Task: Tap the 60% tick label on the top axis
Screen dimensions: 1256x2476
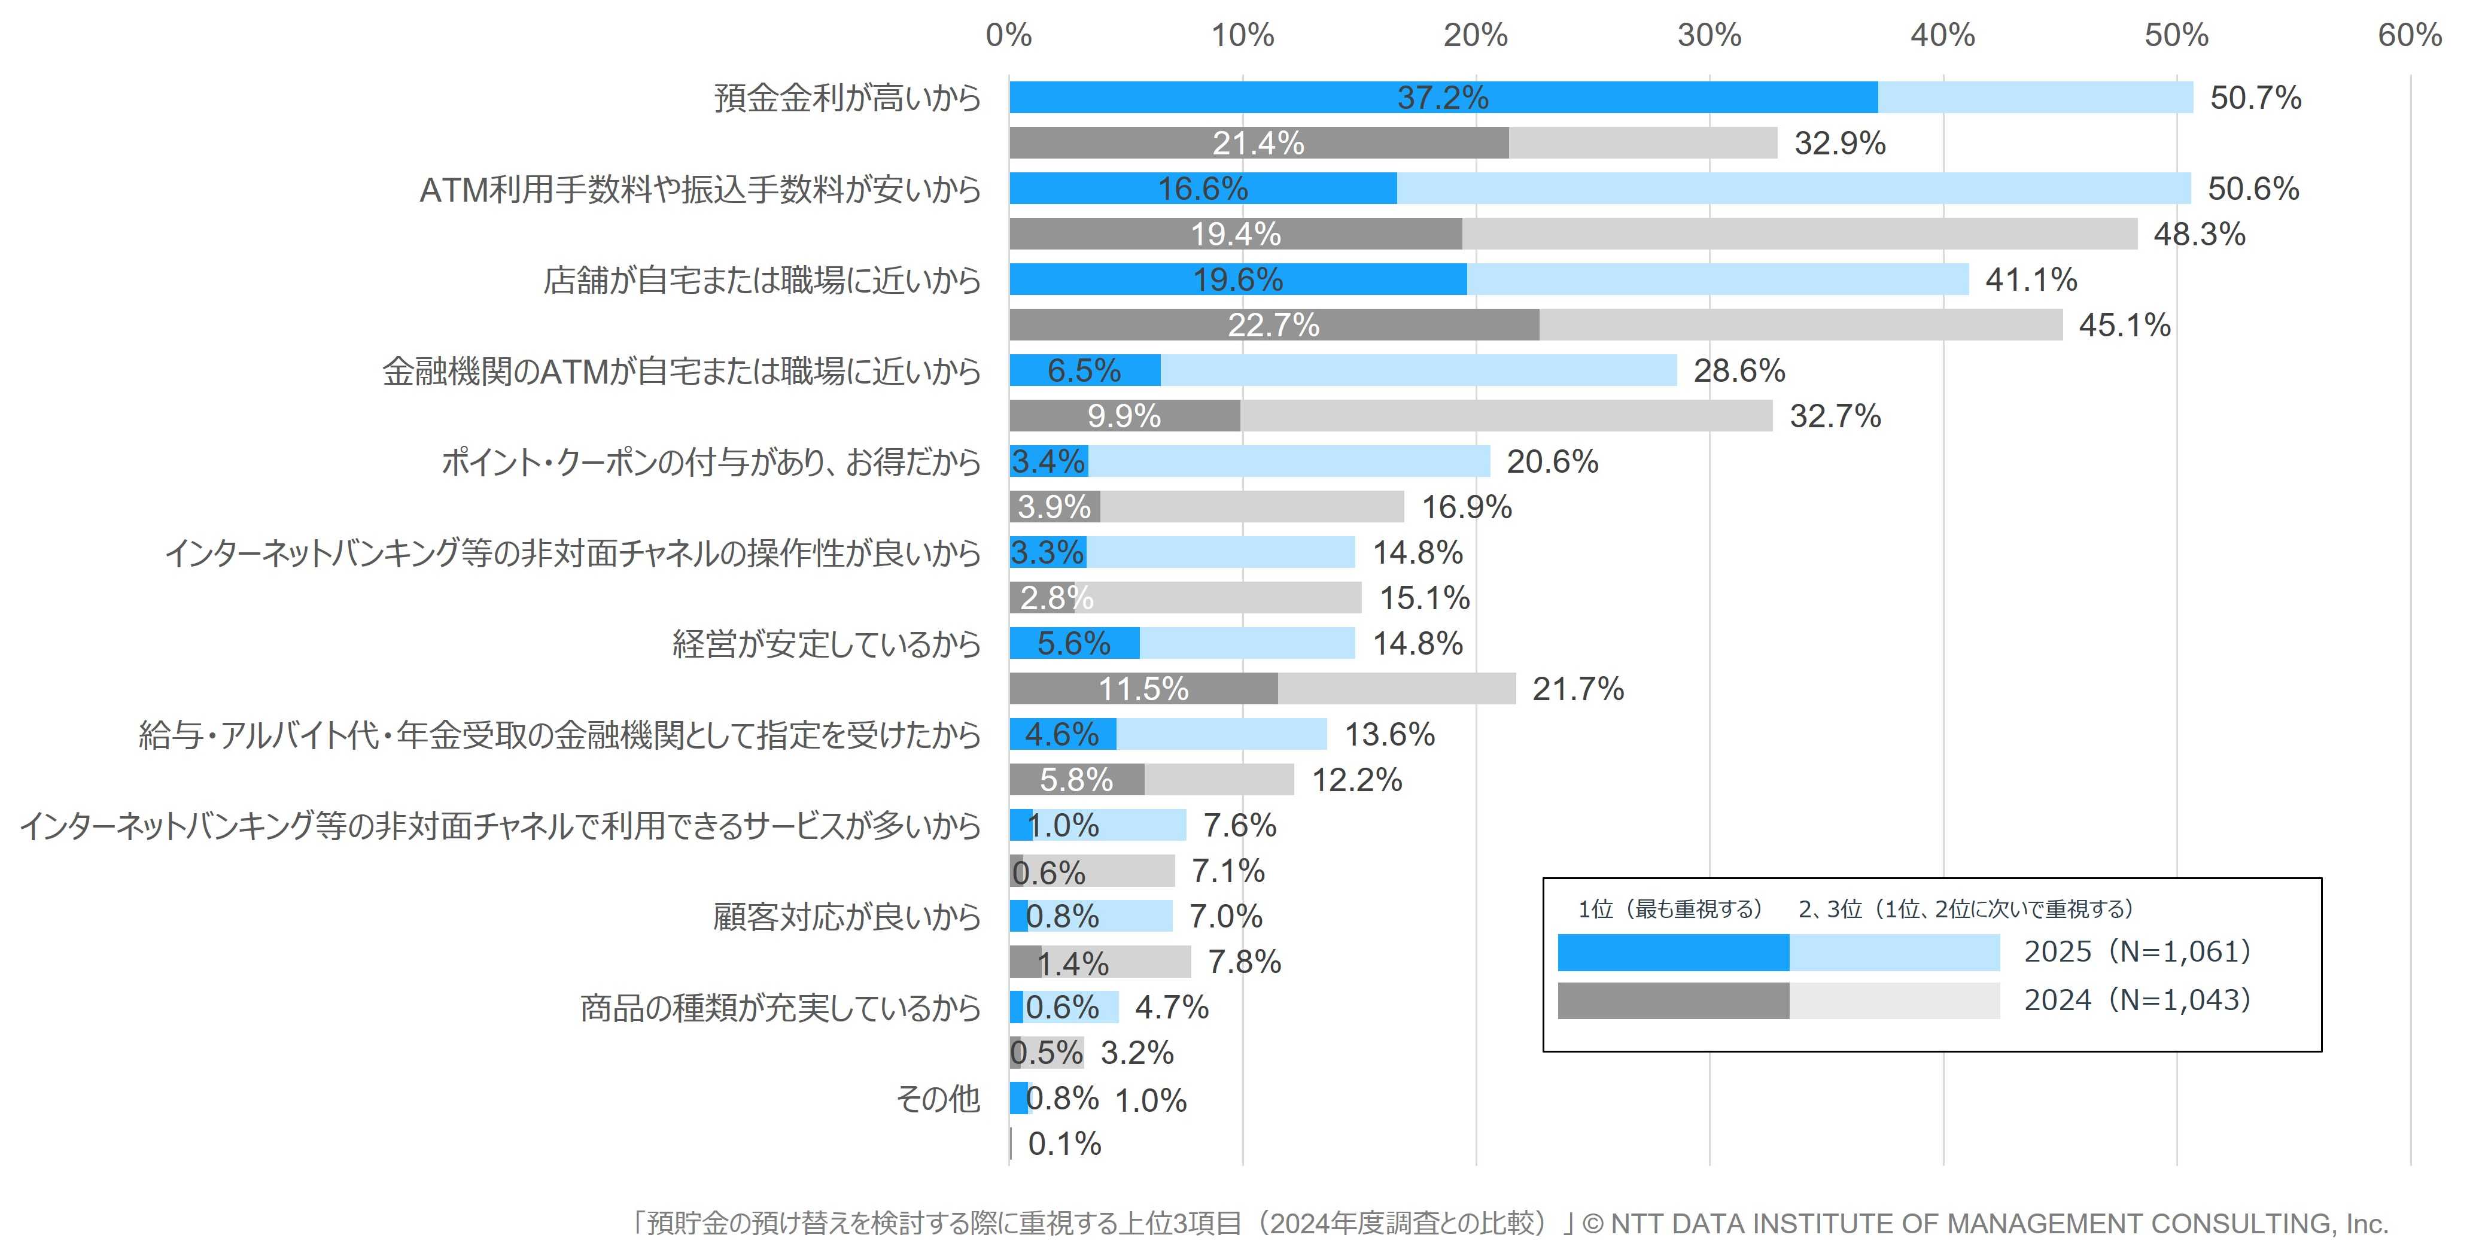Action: click(x=2409, y=35)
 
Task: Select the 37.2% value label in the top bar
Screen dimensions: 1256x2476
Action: click(x=1442, y=97)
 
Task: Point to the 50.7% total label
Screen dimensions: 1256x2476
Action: click(x=2255, y=97)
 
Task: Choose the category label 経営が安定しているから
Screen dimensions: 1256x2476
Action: click(x=826, y=643)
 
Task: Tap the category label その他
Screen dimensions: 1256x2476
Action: click(x=937, y=1097)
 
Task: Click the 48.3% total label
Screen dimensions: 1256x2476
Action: click(x=2199, y=233)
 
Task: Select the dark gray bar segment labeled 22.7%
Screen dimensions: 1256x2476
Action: click(x=1273, y=325)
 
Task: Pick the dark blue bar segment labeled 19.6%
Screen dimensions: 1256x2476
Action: click(x=1238, y=279)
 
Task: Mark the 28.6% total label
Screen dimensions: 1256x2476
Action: click(x=1739, y=370)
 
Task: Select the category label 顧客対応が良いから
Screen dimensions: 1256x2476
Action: click(x=847, y=916)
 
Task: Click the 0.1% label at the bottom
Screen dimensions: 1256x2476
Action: click(x=1064, y=1144)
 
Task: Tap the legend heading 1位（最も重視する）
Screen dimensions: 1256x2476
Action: click(x=1671, y=909)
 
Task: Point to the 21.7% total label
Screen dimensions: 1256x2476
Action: click(x=1577, y=689)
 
